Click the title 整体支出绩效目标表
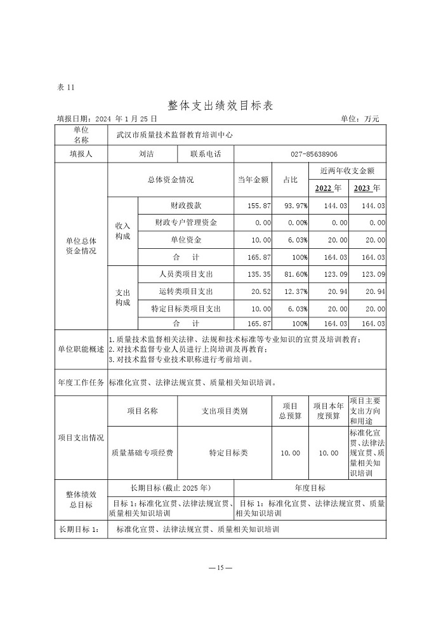coord(220,104)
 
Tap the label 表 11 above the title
coord(66,88)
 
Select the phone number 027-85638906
coord(310,154)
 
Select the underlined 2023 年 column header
coord(367,188)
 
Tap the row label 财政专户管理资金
coord(186,223)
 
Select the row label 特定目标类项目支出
coord(186,309)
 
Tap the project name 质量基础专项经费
coord(142,453)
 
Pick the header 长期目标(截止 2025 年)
coord(170,488)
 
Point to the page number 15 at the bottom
coord(221,568)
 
